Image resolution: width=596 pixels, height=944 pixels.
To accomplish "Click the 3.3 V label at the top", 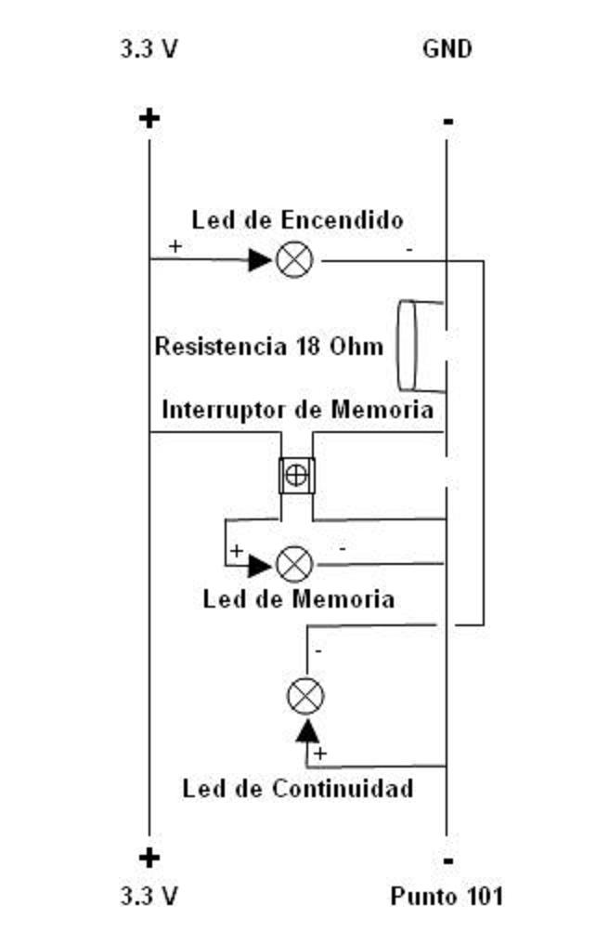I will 149,49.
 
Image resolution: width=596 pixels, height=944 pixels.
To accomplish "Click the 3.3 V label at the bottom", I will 149,897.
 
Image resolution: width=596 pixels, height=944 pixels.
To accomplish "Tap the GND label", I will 447,49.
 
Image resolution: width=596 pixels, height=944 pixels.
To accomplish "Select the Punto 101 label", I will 447,897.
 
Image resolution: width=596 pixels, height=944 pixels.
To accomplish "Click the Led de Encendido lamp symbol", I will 295,260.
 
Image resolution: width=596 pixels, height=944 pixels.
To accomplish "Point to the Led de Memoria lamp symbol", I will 295,564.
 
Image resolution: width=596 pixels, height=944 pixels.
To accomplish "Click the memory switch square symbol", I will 296,475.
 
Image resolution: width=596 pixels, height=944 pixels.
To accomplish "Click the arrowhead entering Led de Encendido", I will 261,260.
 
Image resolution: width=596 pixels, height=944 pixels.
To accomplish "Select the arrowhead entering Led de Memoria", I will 260,564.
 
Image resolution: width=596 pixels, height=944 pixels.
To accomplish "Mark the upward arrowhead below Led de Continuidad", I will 306,731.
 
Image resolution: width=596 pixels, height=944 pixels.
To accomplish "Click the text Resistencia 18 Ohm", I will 268,347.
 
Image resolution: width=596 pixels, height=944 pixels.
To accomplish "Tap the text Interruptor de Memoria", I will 297,410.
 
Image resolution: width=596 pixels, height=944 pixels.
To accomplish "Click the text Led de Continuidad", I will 297,790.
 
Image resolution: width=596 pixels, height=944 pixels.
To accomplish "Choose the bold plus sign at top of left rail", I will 149,118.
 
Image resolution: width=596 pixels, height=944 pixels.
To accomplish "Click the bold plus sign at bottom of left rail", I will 149,858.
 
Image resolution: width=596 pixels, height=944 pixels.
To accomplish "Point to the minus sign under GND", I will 448,122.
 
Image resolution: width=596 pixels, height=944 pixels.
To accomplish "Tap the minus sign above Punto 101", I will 448,861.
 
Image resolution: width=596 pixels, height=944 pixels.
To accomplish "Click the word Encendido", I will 342,220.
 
